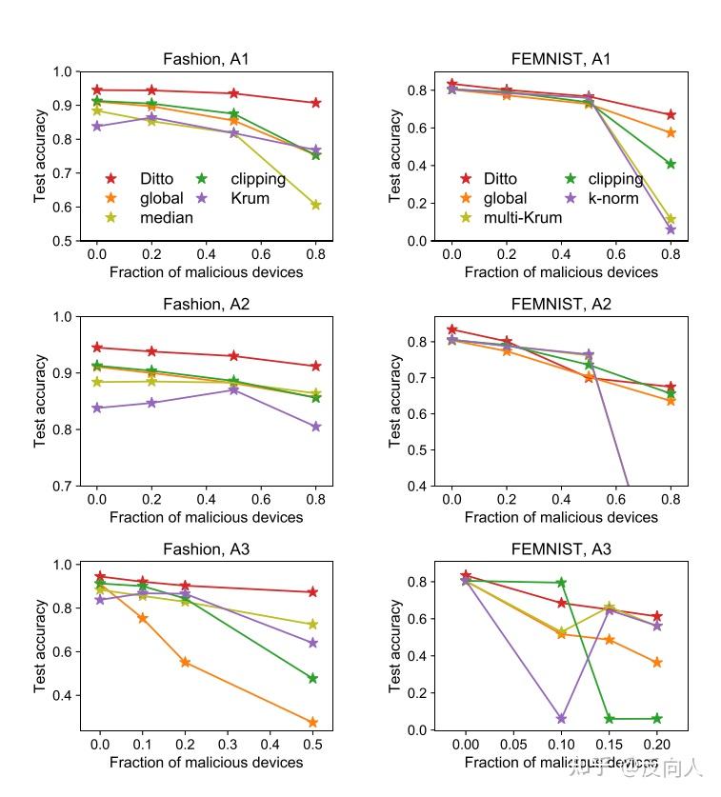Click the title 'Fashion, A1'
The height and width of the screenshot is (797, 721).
tap(207, 59)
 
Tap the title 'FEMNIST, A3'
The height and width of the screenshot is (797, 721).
tap(561, 549)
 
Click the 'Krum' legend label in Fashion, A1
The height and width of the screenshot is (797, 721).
tap(250, 198)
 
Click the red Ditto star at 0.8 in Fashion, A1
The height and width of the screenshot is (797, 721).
tap(315, 103)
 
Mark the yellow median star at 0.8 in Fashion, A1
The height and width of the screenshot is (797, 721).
tap(315, 205)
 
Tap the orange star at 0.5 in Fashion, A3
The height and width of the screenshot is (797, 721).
tap(313, 723)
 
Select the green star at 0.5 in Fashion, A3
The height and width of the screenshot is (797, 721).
tap(313, 679)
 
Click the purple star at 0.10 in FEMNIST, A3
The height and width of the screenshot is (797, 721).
tap(561, 719)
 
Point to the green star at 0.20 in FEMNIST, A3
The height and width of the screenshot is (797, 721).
tap(656, 719)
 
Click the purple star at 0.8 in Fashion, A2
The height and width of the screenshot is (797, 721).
tap(315, 427)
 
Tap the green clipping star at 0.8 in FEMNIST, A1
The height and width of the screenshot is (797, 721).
tap(671, 164)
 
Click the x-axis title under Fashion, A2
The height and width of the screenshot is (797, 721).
tap(207, 517)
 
